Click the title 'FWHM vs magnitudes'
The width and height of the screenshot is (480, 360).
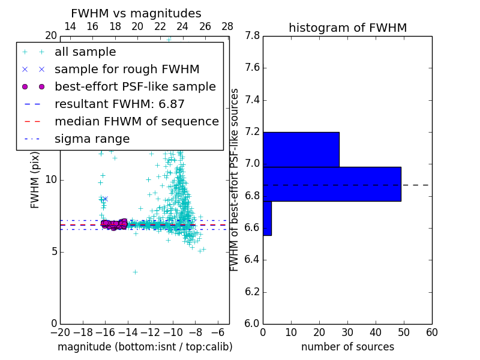coord(136,14)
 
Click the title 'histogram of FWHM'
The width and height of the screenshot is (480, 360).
coord(347,28)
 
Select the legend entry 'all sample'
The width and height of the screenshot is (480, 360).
coord(85,52)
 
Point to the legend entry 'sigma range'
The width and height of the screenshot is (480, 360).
coord(92,139)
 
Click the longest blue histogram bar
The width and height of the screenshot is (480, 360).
coord(332,184)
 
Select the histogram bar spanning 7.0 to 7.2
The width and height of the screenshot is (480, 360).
coord(301,149)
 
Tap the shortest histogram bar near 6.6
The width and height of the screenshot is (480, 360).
coord(267,218)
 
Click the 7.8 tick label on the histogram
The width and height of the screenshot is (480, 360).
coord(252,36)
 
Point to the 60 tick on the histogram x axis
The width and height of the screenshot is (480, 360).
coord(431,332)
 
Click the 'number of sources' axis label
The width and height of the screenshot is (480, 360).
coord(347,347)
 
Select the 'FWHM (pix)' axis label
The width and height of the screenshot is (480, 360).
coord(35,180)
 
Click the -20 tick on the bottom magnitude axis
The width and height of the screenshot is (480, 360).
coord(60,332)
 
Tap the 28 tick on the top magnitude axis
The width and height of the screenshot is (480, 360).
coord(227,27)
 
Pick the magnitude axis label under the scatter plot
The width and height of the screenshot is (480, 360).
coord(145,347)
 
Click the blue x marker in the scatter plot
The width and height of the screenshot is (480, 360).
coord(105,199)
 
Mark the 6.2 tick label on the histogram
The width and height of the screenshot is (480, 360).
coord(252,292)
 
